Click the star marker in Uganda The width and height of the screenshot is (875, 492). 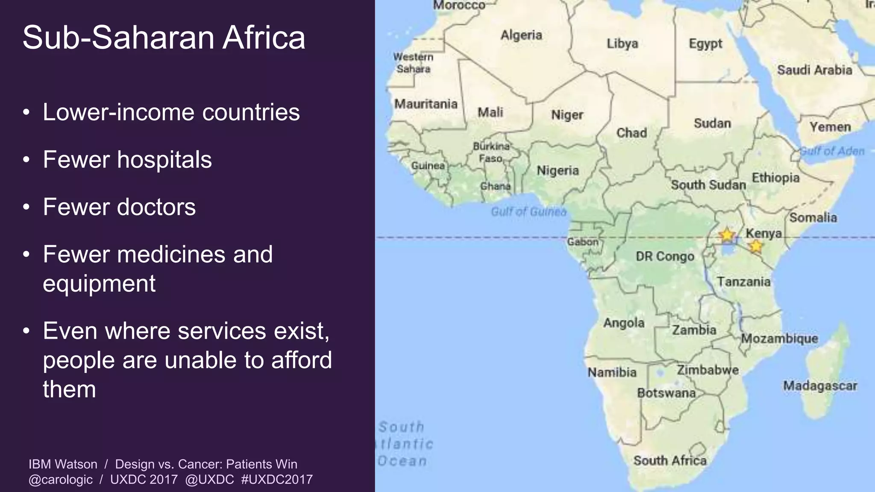(727, 235)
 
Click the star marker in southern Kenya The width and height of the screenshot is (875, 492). (756, 246)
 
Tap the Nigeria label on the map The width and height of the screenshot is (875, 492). (558, 170)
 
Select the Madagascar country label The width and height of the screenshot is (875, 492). (820, 386)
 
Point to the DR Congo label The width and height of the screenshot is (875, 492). (665, 256)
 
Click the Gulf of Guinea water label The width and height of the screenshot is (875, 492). (529, 212)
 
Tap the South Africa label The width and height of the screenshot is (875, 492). (669, 460)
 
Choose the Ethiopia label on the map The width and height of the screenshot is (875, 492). (775, 177)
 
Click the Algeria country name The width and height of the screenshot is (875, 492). (521, 35)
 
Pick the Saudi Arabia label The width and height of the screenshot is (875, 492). (814, 70)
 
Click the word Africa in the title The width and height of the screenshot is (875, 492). (264, 38)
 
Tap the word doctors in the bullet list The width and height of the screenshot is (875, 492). (156, 207)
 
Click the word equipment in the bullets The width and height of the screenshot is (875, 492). (99, 284)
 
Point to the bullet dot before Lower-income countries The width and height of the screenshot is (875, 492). (26, 113)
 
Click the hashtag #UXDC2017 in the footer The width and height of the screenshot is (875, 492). (277, 479)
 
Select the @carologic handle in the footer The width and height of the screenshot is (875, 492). (60, 479)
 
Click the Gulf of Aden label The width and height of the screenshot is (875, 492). (832, 151)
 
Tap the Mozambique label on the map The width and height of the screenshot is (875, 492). (779, 339)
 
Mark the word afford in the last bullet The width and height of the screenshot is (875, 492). (301, 360)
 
